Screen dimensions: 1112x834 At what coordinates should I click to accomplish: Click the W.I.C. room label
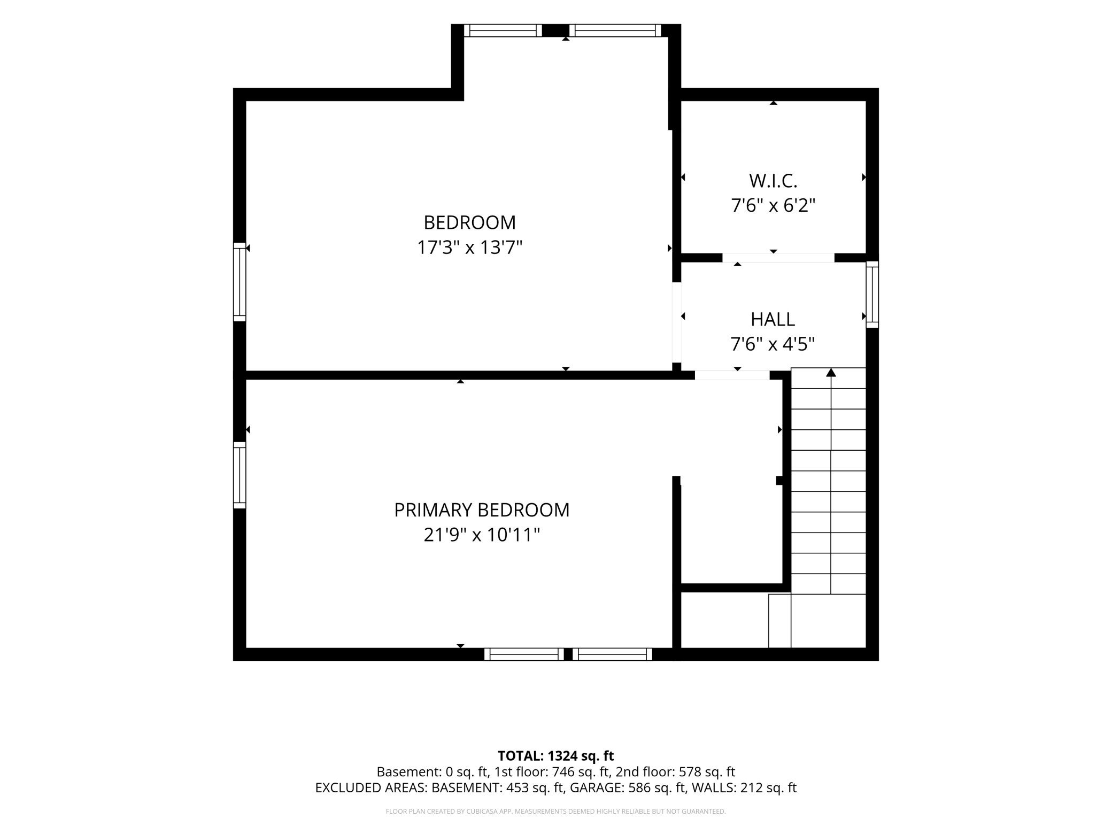(773, 181)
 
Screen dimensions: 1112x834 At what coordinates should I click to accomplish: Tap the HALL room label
(773, 319)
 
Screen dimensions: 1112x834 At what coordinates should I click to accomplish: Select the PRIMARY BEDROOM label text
(482, 510)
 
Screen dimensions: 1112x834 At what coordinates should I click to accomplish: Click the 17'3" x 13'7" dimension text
(469, 248)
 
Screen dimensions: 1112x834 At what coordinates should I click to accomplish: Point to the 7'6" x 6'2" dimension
(773, 205)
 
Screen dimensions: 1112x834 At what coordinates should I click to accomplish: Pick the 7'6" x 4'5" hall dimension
(773, 344)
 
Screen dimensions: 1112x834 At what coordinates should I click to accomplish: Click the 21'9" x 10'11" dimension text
(482, 535)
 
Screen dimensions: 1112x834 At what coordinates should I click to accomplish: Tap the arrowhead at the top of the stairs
(831, 372)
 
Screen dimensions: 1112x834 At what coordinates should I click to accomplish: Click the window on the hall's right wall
(872, 295)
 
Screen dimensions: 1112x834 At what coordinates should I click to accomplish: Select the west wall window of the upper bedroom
(240, 282)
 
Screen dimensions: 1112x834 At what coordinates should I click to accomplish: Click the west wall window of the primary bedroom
(240, 475)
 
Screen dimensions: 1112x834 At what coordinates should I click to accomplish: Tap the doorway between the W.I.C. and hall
(778, 258)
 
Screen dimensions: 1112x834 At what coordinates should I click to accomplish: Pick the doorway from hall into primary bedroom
(732, 375)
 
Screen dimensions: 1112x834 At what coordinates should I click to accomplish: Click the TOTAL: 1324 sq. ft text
(555, 756)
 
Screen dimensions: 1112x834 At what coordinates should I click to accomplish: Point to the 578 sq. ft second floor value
(707, 772)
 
